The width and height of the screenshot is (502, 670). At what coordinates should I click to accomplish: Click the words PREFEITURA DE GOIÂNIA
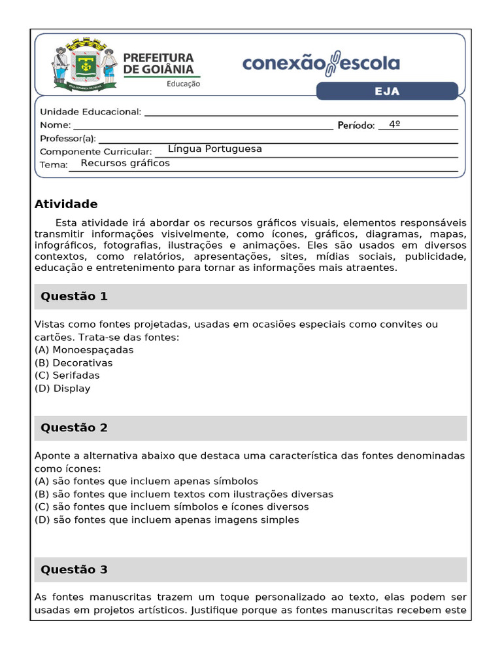[x=158, y=63]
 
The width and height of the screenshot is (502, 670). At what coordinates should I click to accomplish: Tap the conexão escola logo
[x=321, y=64]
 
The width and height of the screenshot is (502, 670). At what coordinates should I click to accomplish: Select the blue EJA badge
[x=387, y=92]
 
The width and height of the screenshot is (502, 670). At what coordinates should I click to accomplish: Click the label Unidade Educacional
[x=90, y=112]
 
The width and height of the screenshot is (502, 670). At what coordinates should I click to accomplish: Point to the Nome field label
[x=55, y=125]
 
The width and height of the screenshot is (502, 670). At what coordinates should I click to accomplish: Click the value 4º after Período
[x=394, y=124]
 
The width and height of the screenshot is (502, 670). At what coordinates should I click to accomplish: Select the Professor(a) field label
[x=67, y=138]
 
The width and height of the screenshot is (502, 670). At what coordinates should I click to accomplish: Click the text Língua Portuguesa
[x=214, y=149]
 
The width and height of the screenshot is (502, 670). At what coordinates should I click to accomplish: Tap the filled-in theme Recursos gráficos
[x=125, y=164]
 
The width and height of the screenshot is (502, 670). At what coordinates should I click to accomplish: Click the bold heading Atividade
[x=66, y=204]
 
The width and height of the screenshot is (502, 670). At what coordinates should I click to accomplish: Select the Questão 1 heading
[x=74, y=296]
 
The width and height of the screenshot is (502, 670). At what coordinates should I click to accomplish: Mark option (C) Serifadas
[x=67, y=376]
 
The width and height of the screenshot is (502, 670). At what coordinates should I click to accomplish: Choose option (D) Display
[x=62, y=389]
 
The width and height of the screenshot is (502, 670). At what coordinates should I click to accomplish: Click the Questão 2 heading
[x=74, y=428]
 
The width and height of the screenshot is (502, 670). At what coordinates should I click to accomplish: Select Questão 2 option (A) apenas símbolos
[x=146, y=482]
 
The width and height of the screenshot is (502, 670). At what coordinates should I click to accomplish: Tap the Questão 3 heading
[x=74, y=570]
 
